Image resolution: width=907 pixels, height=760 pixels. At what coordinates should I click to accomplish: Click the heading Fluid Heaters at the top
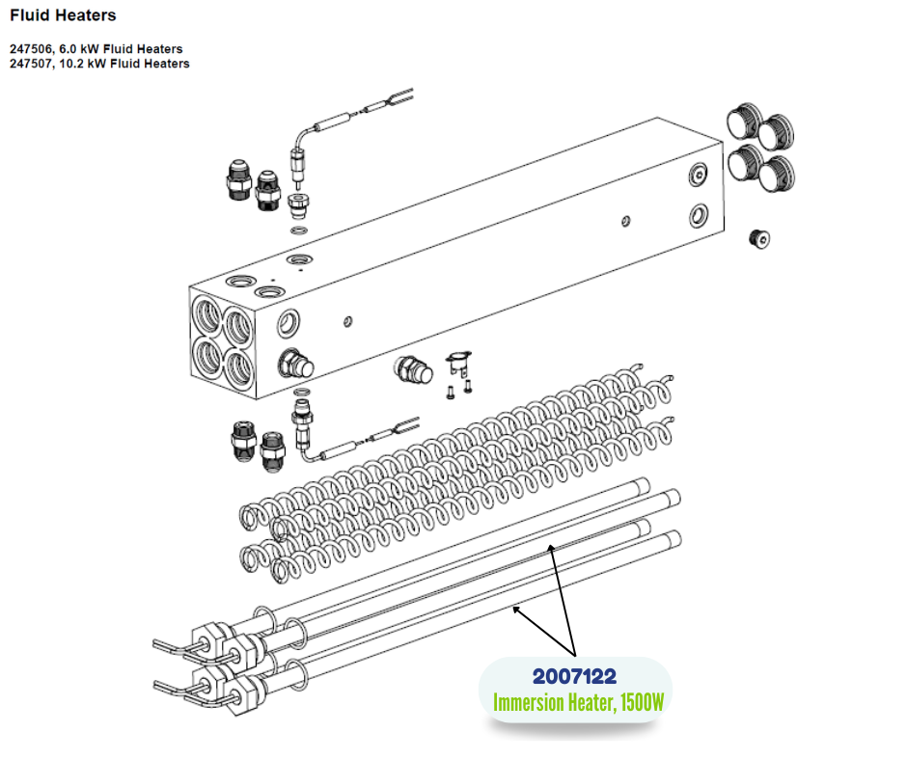(x=63, y=15)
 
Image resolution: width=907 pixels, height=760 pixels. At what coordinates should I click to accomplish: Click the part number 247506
(x=31, y=49)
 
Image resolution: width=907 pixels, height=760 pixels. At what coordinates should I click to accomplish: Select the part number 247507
(x=31, y=64)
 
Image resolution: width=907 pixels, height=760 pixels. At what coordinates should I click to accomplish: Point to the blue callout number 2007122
(x=574, y=676)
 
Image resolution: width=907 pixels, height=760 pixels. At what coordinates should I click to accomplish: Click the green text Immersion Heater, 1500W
(x=578, y=702)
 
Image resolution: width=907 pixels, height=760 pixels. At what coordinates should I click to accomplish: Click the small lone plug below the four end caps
(x=759, y=238)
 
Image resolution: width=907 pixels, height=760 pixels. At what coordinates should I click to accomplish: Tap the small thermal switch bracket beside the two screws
(x=458, y=363)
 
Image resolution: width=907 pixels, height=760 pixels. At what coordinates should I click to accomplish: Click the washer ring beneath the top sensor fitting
(x=299, y=231)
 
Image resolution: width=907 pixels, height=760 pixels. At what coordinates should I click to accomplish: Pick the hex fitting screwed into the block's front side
(x=296, y=365)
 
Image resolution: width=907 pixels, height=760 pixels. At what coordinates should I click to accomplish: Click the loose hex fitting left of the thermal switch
(x=413, y=370)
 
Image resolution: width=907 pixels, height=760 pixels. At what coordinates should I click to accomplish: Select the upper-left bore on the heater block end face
(x=207, y=315)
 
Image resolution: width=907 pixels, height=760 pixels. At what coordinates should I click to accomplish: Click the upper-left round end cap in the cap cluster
(x=743, y=121)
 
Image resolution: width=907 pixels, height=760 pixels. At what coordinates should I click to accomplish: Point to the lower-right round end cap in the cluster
(x=777, y=174)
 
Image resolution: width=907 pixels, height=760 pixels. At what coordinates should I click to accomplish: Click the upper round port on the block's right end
(x=699, y=175)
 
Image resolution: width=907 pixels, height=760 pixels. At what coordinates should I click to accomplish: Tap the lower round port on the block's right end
(x=699, y=216)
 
